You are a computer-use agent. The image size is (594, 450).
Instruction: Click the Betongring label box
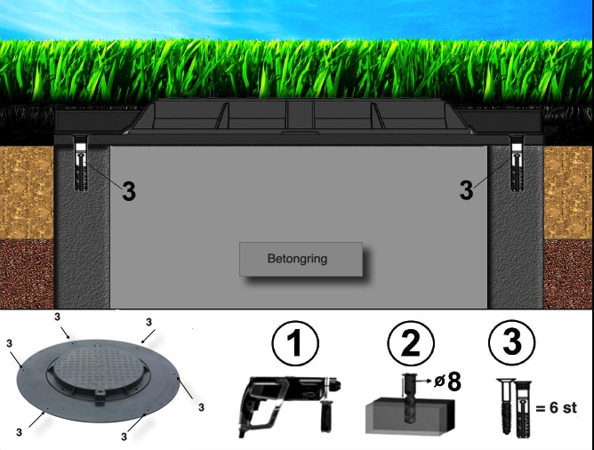[x=301, y=259]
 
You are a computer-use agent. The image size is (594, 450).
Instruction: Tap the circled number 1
[x=295, y=343]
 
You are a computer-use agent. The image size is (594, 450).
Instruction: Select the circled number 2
[x=411, y=343]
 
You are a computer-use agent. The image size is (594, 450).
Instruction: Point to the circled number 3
[x=512, y=342]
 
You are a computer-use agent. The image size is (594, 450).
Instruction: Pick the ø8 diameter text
[x=448, y=382]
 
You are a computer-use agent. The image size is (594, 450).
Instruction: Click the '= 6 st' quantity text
[x=557, y=407]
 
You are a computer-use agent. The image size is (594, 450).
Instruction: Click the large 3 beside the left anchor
[x=129, y=191]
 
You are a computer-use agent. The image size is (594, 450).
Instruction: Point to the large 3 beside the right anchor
[x=466, y=189]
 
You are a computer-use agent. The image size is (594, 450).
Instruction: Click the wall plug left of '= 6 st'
[x=523, y=409]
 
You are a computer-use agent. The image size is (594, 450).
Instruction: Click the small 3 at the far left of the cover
[x=10, y=343]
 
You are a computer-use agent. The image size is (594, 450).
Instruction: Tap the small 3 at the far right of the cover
[x=201, y=407]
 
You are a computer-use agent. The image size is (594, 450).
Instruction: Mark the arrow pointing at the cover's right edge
[x=184, y=387]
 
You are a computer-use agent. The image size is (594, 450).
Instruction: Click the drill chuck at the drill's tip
[x=333, y=384]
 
